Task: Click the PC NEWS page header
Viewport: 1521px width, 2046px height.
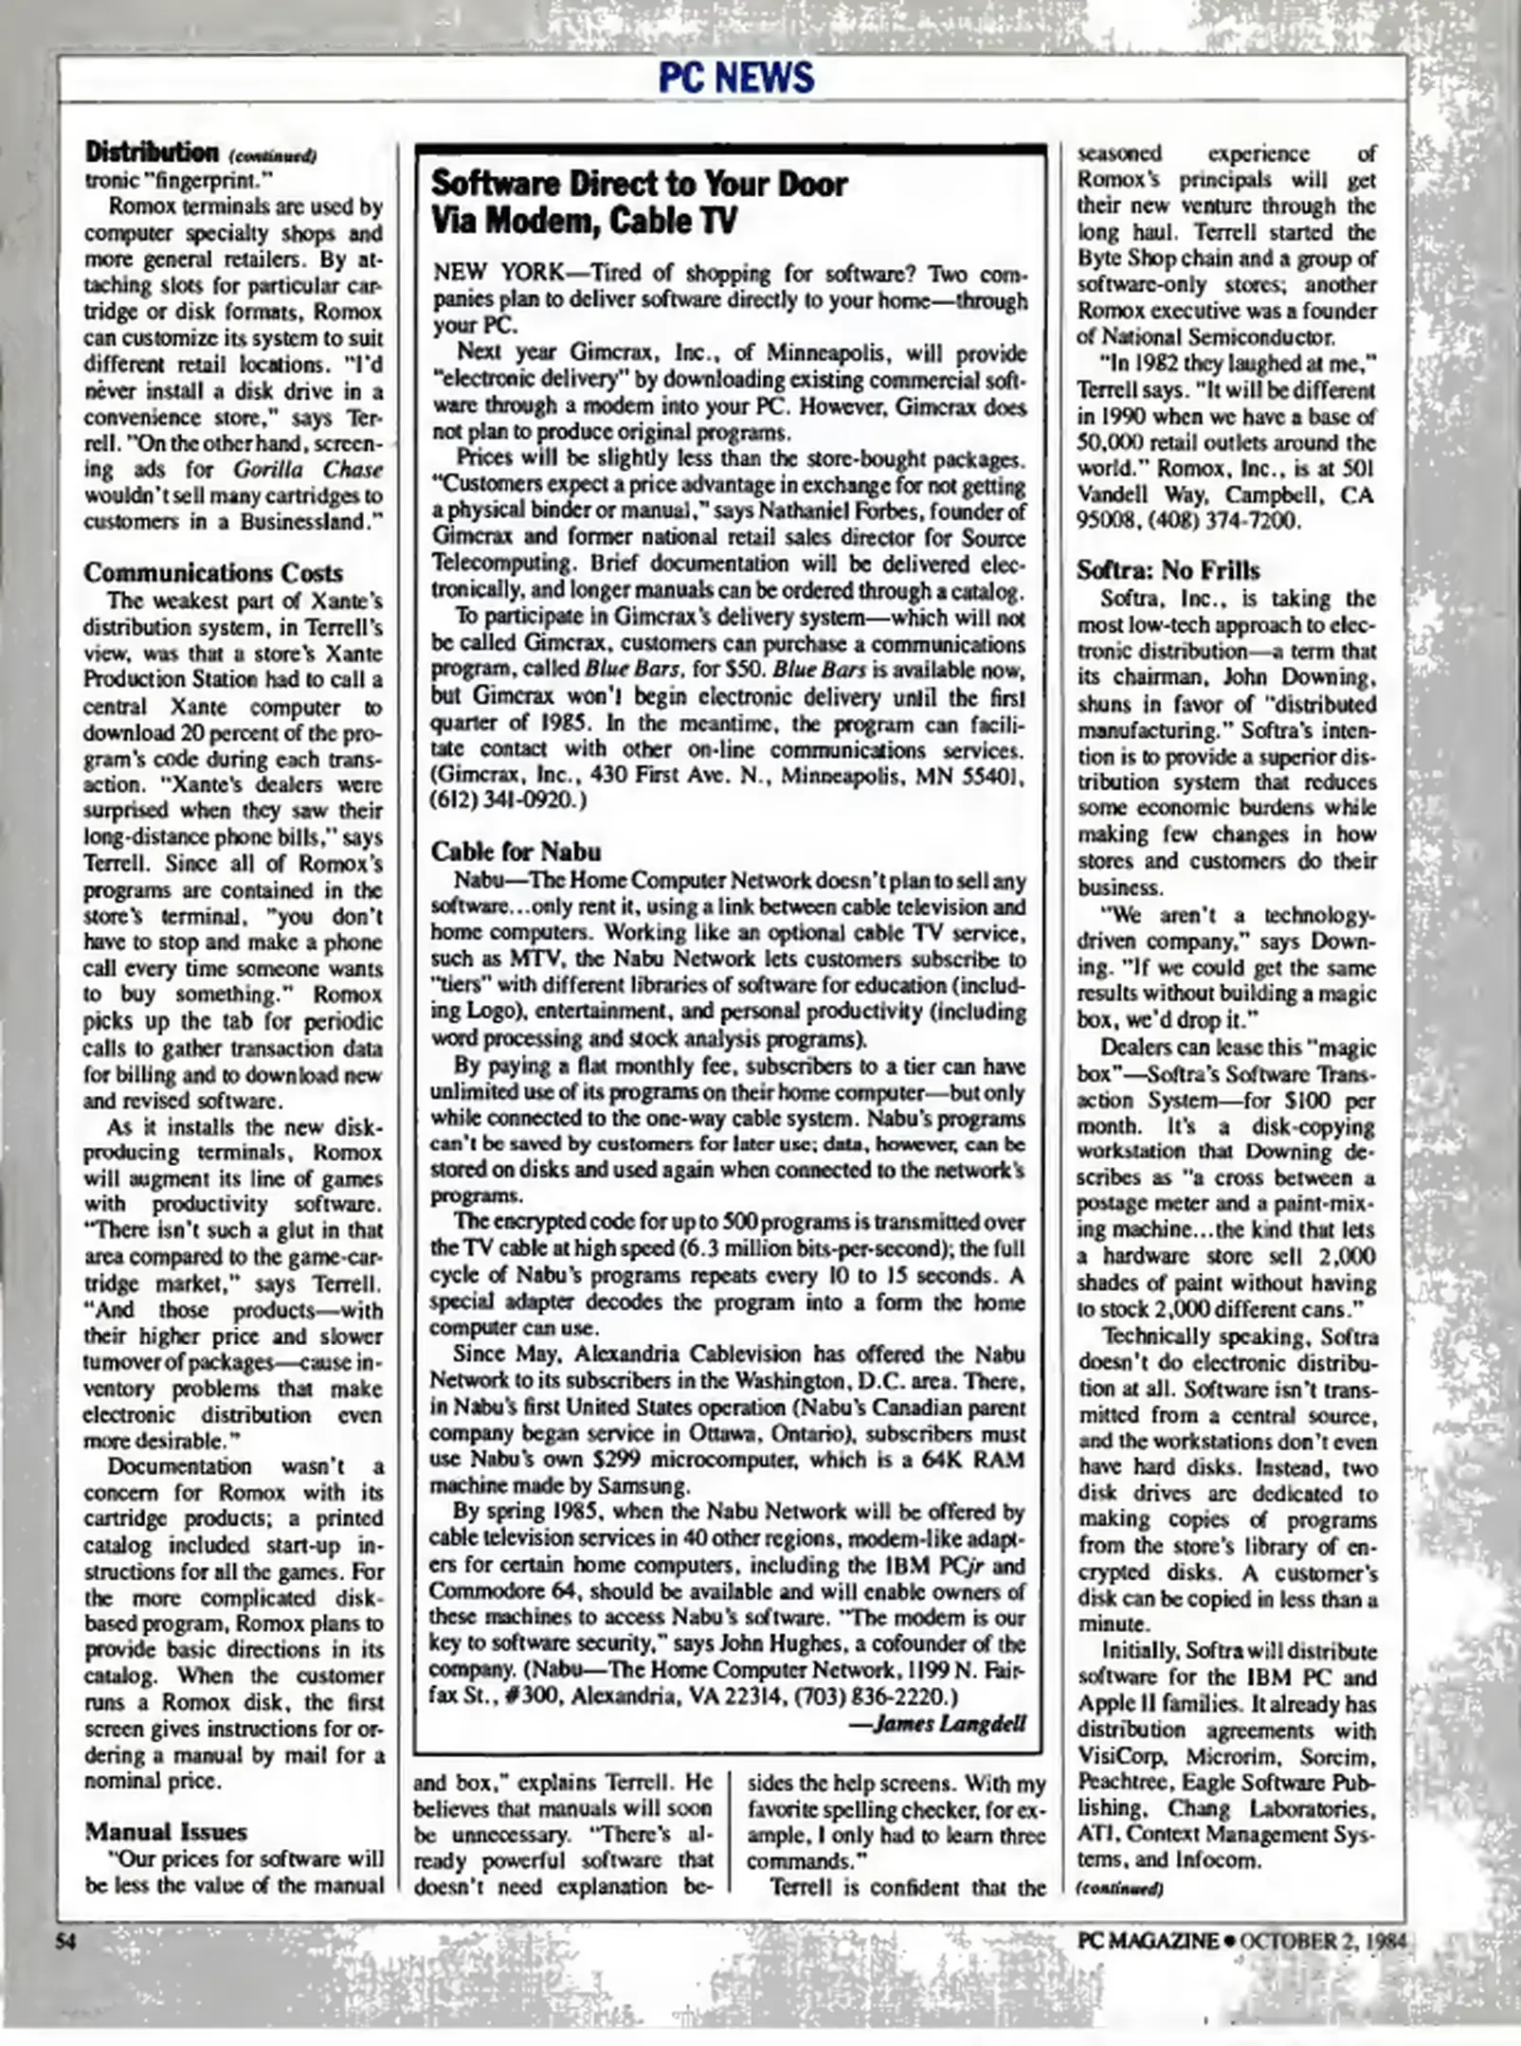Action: [736, 78]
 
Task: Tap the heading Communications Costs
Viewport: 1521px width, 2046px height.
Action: [213, 573]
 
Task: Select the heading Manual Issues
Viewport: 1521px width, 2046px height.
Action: [166, 1831]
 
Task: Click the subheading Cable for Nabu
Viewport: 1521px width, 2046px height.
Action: [516, 851]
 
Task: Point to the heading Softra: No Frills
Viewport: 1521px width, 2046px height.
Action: [1168, 570]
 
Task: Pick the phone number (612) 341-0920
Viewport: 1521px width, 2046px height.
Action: [509, 799]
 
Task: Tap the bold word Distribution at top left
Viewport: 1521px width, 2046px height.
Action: [152, 152]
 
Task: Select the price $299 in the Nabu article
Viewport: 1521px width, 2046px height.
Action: [594, 1460]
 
